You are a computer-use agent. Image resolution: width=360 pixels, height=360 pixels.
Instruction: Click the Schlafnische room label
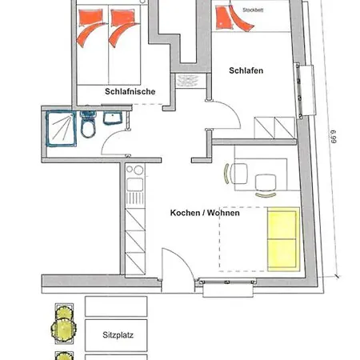click(x=130, y=91)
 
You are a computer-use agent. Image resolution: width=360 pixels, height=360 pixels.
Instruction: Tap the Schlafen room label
click(x=246, y=70)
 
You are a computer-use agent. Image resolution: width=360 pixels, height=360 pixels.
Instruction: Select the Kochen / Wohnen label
click(x=205, y=213)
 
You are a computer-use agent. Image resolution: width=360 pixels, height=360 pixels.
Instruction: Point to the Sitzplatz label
click(x=118, y=335)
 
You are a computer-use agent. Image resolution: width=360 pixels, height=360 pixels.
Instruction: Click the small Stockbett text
click(x=253, y=10)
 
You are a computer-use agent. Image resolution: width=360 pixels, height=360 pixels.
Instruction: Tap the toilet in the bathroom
click(x=88, y=125)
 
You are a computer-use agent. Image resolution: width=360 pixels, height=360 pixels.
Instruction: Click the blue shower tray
click(x=62, y=129)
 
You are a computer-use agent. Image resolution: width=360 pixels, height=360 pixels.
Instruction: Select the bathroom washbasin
click(x=113, y=118)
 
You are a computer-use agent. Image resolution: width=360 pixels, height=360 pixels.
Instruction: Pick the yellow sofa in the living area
click(x=283, y=239)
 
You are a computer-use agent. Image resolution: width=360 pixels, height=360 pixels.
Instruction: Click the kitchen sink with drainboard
click(x=135, y=191)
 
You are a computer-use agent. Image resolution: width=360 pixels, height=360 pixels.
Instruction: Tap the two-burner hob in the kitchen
click(x=135, y=170)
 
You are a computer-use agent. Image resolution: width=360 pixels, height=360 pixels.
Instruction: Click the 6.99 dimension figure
click(x=334, y=137)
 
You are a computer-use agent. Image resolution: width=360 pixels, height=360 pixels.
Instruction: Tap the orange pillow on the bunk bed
click(x=224, y=17)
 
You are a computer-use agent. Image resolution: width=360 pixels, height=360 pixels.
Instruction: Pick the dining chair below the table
click(x=266, y=186)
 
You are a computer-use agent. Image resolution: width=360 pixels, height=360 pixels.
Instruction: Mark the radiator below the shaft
click(x=188, y=81)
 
